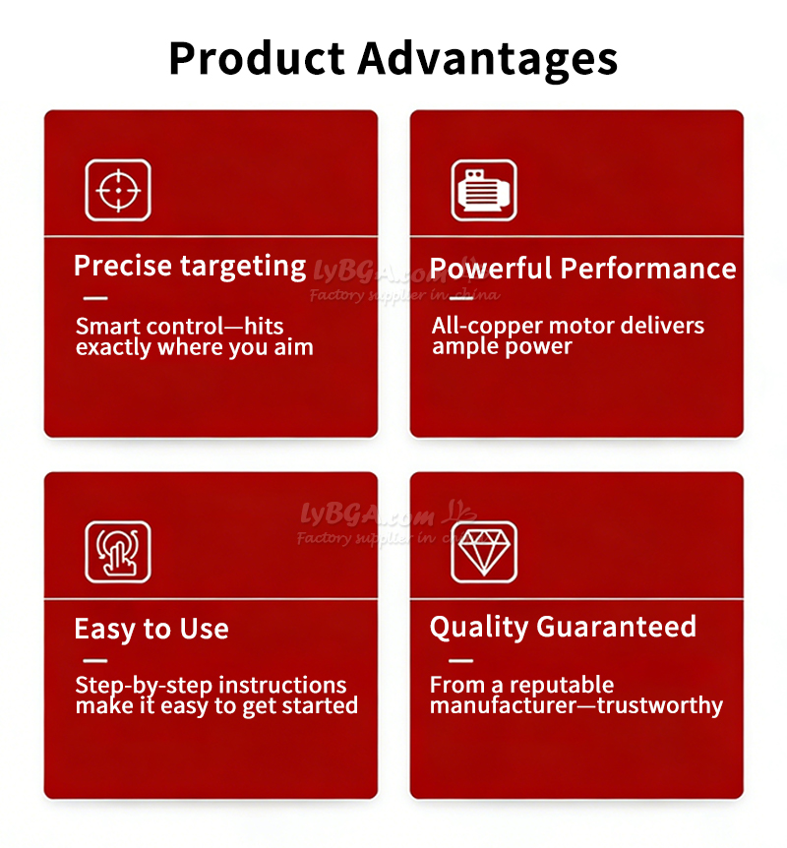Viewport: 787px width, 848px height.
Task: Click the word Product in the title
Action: [257, 58]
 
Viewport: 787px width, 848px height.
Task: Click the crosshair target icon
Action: [118, 191]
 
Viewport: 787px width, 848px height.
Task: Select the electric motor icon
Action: [484, 191]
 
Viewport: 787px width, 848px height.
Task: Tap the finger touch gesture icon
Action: [118, 552]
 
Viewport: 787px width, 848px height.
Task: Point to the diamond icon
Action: [484, 552]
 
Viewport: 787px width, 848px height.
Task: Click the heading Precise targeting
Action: [191, 267]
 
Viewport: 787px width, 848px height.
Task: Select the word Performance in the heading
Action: [648, 268]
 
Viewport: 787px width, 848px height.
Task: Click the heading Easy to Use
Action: [151, 629]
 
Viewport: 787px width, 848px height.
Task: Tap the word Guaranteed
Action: [616, 627]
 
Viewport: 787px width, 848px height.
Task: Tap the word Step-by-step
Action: [144, 686]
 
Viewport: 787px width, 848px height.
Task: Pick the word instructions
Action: [283, 685]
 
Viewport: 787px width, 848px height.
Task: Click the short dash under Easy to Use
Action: [95, 660]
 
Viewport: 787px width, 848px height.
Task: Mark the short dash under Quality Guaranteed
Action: [460, 660]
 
